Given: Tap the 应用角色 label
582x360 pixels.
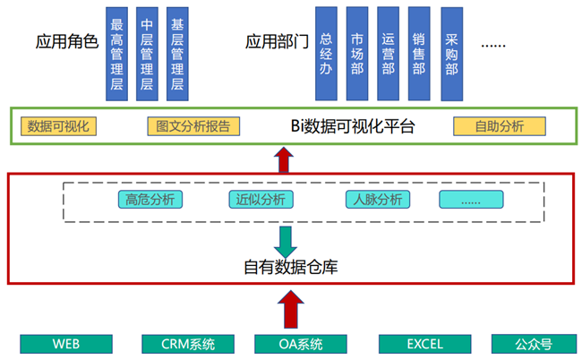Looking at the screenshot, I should [x=64, y=42].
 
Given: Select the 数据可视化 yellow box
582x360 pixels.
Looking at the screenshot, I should [x=60, y=126].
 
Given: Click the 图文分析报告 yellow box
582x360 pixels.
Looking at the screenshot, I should [x=192, y=126].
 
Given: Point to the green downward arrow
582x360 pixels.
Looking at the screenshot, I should [x=287, y=240].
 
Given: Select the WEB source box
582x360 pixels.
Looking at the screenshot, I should [x=66, y=344].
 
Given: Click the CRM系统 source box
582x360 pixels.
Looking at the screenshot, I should [x=188, y=344].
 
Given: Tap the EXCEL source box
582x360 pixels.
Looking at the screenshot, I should [x=424, y=344].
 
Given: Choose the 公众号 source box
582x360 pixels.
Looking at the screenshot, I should [x=533, y=344].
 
